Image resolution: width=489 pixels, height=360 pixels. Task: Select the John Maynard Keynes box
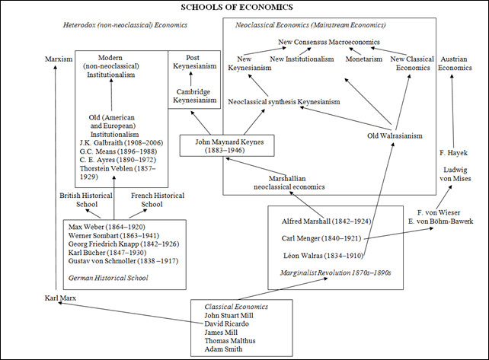pos(216,145)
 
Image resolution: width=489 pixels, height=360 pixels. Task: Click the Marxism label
pos(58,59)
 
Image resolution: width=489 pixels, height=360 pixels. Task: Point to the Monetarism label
pos(363,59)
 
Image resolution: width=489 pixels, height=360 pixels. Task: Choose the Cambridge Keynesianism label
pos(193,97)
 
